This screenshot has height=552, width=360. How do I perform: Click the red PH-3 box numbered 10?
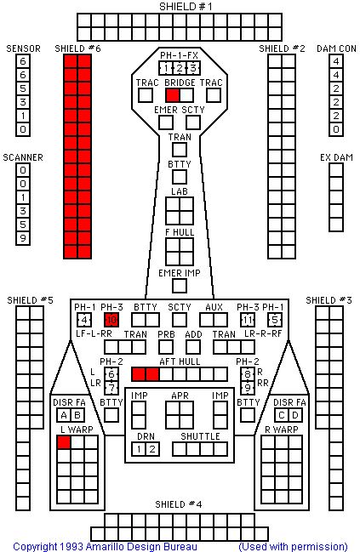111,320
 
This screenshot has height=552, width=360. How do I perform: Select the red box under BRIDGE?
173,95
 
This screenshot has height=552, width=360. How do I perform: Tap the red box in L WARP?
64,442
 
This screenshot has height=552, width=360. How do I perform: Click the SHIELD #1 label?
186,6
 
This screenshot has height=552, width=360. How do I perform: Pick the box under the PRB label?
166,347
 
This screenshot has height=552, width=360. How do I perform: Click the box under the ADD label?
193,347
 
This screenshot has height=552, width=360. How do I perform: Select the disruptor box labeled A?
64,415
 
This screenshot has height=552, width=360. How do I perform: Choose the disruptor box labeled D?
295,415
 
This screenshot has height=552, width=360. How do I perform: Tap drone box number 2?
152,449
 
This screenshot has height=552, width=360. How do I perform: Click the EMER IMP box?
180,286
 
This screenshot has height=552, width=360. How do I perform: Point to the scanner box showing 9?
23,238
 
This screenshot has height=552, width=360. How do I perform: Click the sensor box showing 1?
23,116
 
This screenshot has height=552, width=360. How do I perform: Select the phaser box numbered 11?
248,320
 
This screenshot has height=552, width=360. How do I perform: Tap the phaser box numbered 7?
111,388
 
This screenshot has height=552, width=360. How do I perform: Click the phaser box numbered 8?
248,374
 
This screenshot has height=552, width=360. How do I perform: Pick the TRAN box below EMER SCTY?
180,150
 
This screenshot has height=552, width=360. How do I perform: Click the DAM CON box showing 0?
336,129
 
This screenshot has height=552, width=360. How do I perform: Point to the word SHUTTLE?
200,436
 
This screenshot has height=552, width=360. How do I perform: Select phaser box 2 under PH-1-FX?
180,68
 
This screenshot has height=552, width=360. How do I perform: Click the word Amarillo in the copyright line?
106,547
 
